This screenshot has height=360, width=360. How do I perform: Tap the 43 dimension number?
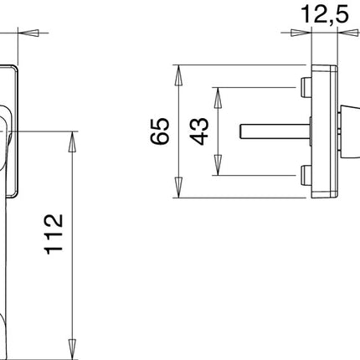(198, 131)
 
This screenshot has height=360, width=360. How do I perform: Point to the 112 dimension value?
(53, 235)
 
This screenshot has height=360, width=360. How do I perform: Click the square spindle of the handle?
(273, 131)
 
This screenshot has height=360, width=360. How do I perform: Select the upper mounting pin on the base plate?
(302, 86)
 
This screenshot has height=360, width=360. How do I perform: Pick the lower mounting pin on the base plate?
(302, 176)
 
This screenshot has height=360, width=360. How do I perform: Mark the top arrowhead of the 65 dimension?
(178, 72)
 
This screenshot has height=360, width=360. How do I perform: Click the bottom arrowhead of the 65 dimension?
(178, 191)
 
